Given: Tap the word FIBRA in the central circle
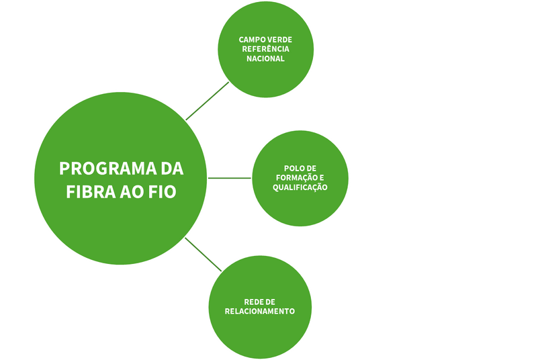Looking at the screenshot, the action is [91, 192].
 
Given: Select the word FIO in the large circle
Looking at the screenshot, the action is [163, 192].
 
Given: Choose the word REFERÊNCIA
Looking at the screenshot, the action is [265, 49].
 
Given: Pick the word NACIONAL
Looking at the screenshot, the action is [265, 58].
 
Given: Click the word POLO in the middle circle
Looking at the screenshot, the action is [292, 169].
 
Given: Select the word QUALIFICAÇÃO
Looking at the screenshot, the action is [300, 187].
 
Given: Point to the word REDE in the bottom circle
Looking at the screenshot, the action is [252, 302].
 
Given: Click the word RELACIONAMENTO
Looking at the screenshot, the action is [260, 311].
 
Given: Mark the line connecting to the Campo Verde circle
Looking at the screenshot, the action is [208, 101].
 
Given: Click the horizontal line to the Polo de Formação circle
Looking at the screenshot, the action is [230, 178].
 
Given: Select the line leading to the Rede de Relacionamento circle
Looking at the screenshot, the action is [203, 255].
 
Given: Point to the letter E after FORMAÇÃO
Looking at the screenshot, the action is [322, 178].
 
